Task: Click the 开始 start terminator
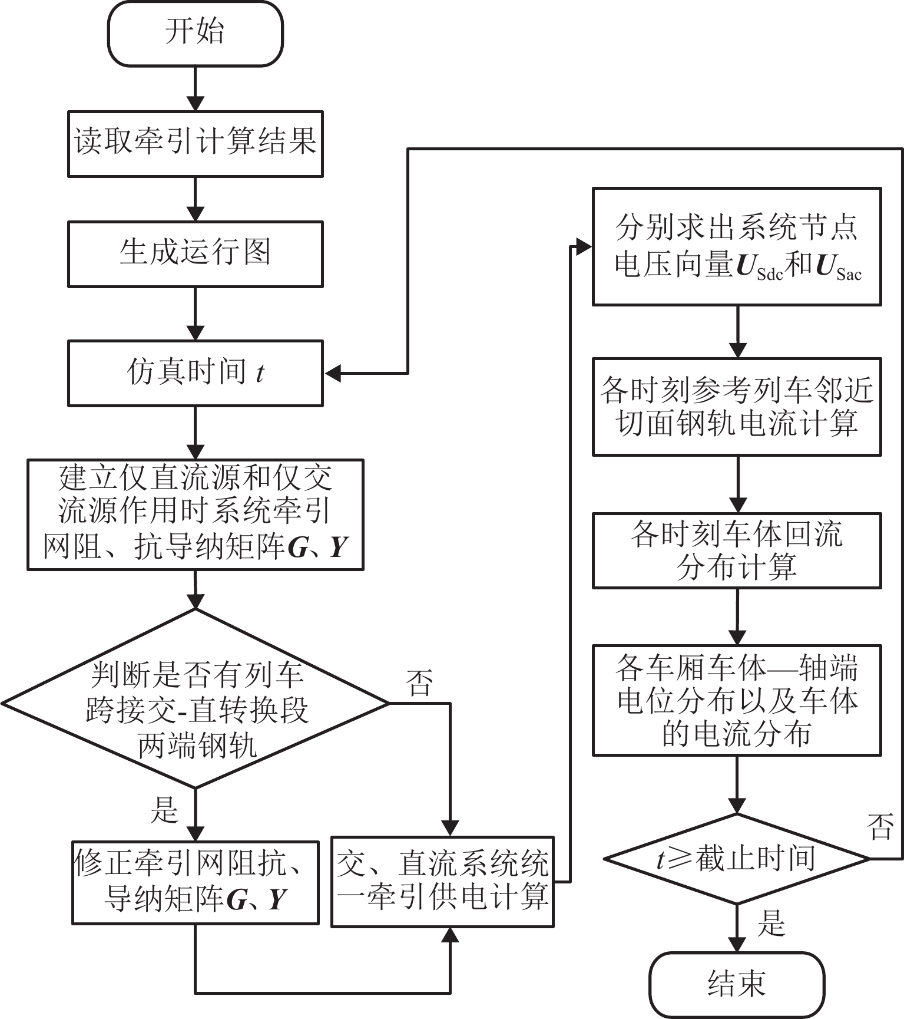pos(195,34)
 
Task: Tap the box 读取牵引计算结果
pos(195,143)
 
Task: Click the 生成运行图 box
pos(195,254)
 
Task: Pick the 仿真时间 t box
pos(195,373)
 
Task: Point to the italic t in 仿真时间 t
pos(260,374)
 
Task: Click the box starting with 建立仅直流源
pos(195,515)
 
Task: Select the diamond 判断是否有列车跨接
pos(195,704)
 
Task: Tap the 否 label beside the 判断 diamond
pos(419,684)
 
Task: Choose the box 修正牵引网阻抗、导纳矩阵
pos(195,882)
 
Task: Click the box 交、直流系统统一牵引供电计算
pos(442,882)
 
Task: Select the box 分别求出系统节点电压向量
pos(737,246)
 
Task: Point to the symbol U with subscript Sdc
pos(759,266)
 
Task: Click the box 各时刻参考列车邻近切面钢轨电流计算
pos(737,407)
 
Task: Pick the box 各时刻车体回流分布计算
pos(737,550)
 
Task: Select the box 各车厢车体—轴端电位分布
pos(737,700)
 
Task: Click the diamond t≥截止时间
pos(737,859)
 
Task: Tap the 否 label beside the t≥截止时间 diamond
pos(880,826)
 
